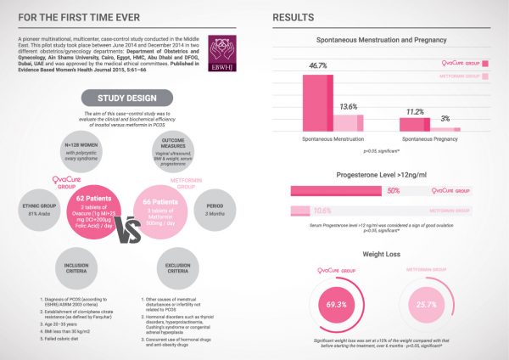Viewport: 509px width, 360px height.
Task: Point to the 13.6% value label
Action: coord(349,107)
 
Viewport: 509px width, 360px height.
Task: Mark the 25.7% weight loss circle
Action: coord(431,303)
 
